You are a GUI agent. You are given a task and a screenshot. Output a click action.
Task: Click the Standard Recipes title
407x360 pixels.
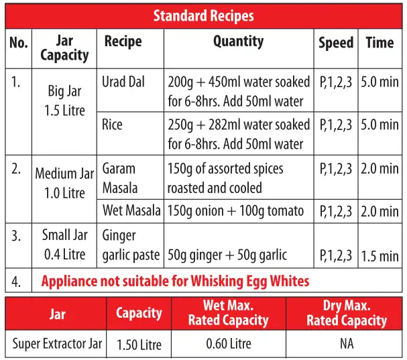coord(203,15)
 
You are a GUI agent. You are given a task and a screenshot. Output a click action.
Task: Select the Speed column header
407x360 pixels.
coord(336,43)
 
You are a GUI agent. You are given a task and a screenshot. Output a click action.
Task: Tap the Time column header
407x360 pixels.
coord(380,43)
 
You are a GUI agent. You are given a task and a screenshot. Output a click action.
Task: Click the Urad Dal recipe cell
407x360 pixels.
coord(124,82)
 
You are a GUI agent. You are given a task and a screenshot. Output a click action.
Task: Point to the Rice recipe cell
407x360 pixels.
coord(113,124)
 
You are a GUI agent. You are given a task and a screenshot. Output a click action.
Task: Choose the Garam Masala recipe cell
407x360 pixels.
coord(120,178)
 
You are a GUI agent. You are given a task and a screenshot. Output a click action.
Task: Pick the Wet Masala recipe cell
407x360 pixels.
coord(131,211)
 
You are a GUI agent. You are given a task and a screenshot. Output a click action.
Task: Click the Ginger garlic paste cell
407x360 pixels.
coord(131,245)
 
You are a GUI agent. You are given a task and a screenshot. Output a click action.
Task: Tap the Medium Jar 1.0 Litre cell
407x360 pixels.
coord(65,183)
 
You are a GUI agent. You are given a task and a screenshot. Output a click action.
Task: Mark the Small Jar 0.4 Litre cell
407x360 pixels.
coord(65,245)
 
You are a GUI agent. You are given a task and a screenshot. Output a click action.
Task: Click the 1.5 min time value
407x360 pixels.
coord(380,256)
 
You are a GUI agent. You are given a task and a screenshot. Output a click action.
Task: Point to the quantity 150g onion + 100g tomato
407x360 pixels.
coord(235,211)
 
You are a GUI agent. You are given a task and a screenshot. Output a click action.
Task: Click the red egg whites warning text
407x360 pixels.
coord(176,281)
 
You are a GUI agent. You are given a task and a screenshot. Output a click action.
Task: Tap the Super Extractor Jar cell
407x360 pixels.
coord(57,345)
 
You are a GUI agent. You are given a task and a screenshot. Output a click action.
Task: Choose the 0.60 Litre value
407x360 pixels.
coord(229,345)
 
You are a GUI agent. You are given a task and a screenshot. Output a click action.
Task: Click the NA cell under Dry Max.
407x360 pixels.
coord(346,345)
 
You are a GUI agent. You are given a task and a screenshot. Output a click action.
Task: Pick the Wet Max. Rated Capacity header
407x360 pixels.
coord(228,313)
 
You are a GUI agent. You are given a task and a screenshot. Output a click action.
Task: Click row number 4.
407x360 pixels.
coord(17,281)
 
